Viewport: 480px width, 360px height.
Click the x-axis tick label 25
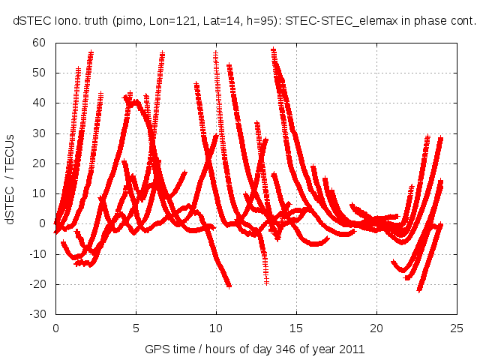457,328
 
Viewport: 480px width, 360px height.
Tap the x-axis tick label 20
376,328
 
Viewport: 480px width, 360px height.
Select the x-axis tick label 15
296,328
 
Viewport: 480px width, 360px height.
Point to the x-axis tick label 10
216,328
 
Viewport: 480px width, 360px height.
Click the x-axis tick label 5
136,328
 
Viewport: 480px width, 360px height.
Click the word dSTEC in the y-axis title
11,206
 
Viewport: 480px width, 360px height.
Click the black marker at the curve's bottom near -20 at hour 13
266,282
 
